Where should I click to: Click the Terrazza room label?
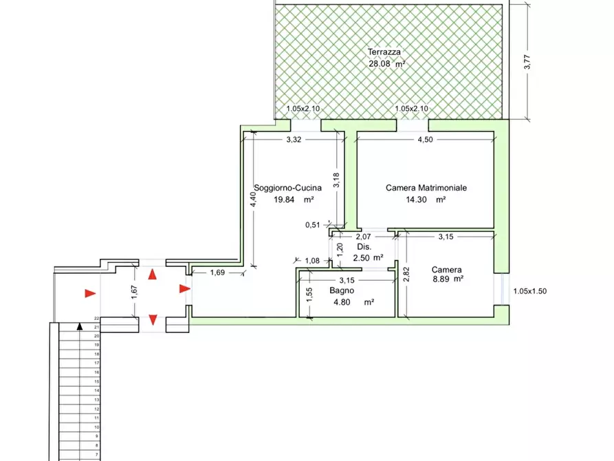point(384,52)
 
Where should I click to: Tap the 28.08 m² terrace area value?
point(387,63)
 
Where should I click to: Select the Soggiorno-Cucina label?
point(288,188)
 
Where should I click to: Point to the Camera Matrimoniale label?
point(426,188)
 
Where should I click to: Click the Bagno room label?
point(342,290)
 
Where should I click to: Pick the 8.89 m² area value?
point(447,279)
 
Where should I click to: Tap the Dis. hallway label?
point(364,247)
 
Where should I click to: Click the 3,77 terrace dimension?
point(527,62)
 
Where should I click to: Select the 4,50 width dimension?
point(425,140)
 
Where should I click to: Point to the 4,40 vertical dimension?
point(254,200)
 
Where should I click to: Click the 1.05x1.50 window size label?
point(530,291)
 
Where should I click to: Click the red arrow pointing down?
point(153,320)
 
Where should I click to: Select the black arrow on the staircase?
point(80,325)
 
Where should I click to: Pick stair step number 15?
point(97,381)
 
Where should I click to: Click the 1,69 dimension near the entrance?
point(217,272)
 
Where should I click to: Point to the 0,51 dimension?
point(312,225)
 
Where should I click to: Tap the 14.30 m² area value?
point(426,200)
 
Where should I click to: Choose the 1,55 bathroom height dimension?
point(309,294)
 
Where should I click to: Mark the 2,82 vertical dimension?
point(406,274)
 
